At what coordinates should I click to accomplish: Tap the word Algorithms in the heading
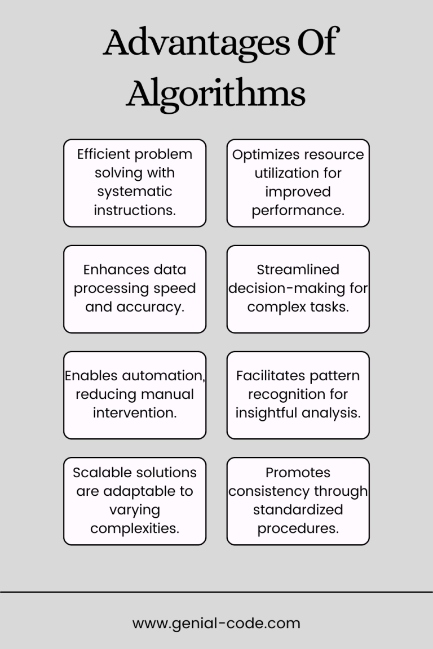(x=216, y=94)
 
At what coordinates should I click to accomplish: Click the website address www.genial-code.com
(x=216, y=623)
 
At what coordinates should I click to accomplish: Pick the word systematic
(x=135, y=192)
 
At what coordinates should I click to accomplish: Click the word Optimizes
(x=266, y=155)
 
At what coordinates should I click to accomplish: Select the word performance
(x=298, y=211)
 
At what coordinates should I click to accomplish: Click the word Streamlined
(x=298, y=270)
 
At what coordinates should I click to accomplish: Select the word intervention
(x=135, y=412)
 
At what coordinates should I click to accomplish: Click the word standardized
(x=298, y=510)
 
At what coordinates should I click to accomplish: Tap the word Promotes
(x=298, y=473)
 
